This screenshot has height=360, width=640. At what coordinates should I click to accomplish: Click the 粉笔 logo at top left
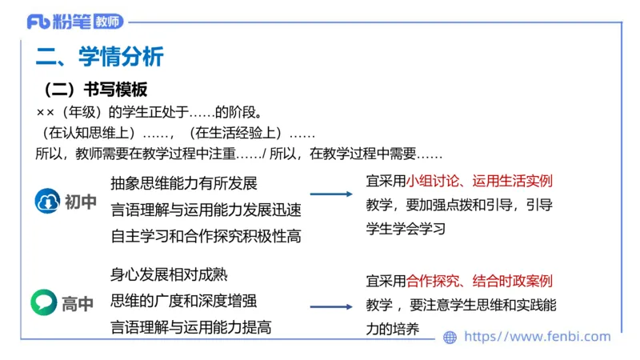coord(59,21)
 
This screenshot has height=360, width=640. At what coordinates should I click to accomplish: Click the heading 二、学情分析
coord(99,57)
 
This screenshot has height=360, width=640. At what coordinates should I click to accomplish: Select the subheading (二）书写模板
coord(95,90)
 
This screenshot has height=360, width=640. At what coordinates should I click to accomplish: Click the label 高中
coord(78,304)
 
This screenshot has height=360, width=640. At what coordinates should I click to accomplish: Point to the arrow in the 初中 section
coord(331,194)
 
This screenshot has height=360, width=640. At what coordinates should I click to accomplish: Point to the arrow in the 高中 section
coord(331,306)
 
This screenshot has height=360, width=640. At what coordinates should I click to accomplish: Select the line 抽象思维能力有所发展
coord(184,184)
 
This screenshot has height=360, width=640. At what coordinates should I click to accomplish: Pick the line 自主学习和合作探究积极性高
coord(206,236)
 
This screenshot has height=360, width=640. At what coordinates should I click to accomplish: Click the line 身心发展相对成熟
coord(169,275)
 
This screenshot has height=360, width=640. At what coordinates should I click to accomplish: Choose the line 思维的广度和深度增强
coord(184,301)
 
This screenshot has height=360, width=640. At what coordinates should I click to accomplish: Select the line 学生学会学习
coord(406,228)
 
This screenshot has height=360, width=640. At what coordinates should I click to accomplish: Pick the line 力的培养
coord(393,329)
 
